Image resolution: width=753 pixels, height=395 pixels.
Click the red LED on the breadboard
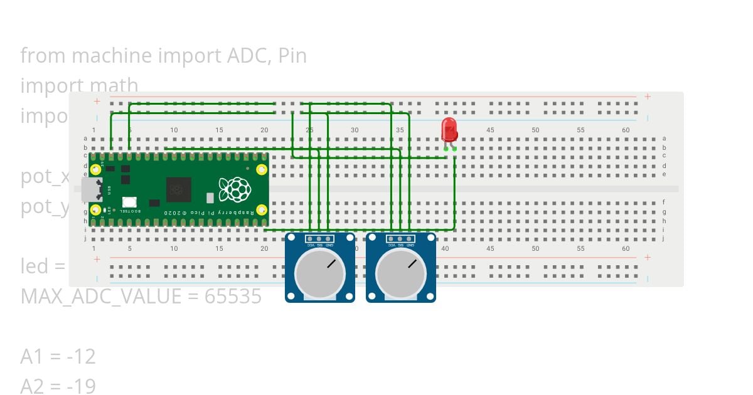click(449, 130)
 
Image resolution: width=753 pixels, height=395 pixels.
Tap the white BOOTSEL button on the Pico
click(129, 202)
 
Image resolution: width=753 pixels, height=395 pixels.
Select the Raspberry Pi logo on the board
click(234, 189)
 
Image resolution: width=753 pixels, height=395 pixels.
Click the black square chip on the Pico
click(178, 189)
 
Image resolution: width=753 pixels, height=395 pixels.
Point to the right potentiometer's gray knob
click(400, 275)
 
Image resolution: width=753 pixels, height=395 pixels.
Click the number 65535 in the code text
click(233, 296)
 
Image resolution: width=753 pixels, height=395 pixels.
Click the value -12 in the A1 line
click(80, 356)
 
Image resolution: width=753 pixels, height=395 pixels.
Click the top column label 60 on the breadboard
click(626, 130)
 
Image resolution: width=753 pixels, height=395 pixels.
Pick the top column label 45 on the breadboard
click(490, 130)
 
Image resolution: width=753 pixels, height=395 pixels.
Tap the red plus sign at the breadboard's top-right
click(647, 97)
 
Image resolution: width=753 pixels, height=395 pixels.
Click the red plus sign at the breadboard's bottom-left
click(97, 258)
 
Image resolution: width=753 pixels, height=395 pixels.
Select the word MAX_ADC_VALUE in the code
click(101, 296)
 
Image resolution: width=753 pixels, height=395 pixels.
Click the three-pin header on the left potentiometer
click(319, 239)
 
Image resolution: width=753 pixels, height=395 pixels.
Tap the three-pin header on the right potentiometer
click(400, 239)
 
